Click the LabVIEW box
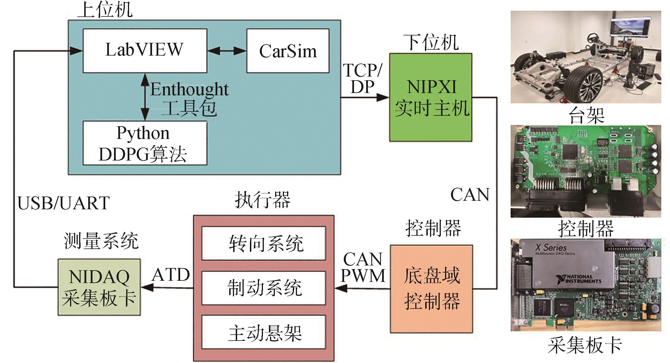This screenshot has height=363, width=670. pos(145,50)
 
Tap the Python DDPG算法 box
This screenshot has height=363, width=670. pos(145,143)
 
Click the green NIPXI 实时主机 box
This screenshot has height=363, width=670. pos(431,97)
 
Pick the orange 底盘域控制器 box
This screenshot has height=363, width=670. pos(431,289)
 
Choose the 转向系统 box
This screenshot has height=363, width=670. pos(264,243)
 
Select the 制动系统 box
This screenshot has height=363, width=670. pos(264,288)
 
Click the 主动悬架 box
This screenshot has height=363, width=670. pos(264,332)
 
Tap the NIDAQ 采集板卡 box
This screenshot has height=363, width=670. pos(99,287)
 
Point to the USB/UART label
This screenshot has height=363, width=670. pos(64,203)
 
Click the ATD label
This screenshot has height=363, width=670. pos(171,275)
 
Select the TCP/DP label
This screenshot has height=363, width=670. pos(363,79)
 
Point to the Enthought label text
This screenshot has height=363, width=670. pos(189,90)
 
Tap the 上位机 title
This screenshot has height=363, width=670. pos(105,10)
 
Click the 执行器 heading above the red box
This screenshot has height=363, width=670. pos(262,200)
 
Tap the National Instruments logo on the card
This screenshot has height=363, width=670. pos(579,279)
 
